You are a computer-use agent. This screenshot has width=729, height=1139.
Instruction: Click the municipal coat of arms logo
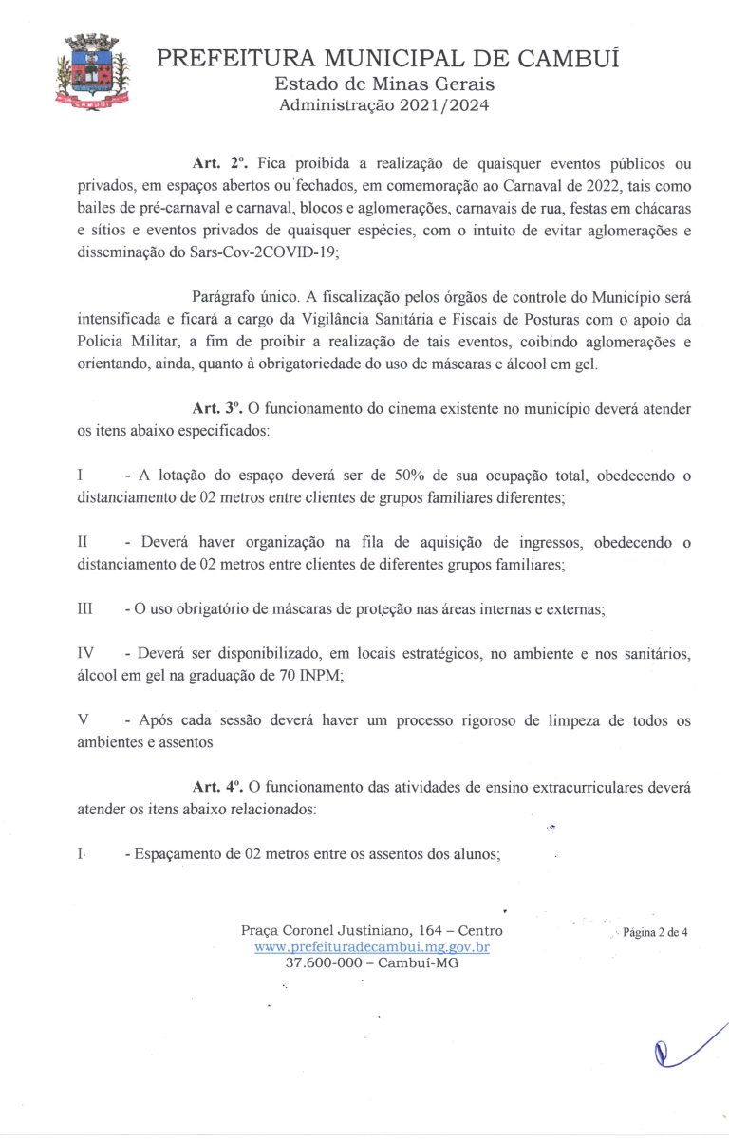pyautogui.click(x=90, y=73)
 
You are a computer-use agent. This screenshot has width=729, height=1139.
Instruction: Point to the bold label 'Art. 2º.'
pyautogui.click(x=219, y=162)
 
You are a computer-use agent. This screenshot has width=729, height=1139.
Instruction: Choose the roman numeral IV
pyautogui.click(x=85, y=654)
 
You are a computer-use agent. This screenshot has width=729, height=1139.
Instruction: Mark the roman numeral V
pyautogui.click(x=83, y=721)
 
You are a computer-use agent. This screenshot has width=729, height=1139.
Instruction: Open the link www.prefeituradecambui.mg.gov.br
pyautogui.click(x=372, y=946)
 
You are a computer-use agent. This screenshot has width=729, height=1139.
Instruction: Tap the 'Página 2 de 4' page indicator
pyautogui.click(x=655, y=932)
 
